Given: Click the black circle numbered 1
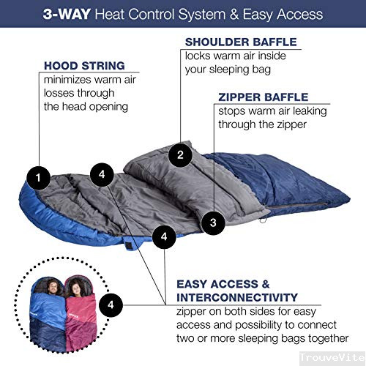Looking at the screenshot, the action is point(38,178).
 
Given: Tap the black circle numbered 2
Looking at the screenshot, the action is point(180,155).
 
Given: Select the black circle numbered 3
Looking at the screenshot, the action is point(213,223).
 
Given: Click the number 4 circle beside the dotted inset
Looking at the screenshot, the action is point(111,305).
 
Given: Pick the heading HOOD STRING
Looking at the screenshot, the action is point(84,66).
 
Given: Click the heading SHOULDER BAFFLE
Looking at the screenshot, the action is point(241,42).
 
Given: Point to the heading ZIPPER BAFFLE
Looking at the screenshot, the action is point(264,97).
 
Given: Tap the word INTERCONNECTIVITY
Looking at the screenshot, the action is point(237,298).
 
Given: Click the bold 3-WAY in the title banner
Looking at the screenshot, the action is point(67,14).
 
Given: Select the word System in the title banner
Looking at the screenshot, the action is point(202,15).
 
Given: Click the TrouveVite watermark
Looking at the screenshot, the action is point(332,358).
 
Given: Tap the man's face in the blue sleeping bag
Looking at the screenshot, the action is point(52,287).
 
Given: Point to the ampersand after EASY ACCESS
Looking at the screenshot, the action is point(266,284).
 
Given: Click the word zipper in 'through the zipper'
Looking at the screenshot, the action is point(292,125).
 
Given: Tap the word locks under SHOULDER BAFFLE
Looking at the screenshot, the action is point(198,56).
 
